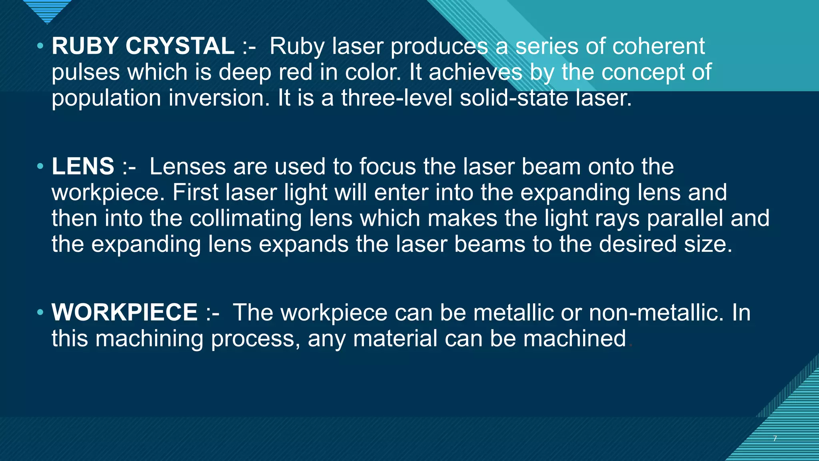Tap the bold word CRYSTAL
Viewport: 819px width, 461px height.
point(180,46)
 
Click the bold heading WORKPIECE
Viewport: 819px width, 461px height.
point(124,312)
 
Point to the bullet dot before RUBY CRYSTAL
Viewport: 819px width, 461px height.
point(40,46)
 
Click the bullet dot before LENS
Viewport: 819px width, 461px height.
point(40,166)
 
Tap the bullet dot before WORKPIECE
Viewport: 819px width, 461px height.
point(40,313)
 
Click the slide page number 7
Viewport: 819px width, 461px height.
point(775,439)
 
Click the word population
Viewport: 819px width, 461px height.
point(106,98)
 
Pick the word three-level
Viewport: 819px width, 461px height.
point(397,98)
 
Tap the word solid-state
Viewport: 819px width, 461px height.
point(514,98)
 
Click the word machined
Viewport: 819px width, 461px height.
point(575,339)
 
